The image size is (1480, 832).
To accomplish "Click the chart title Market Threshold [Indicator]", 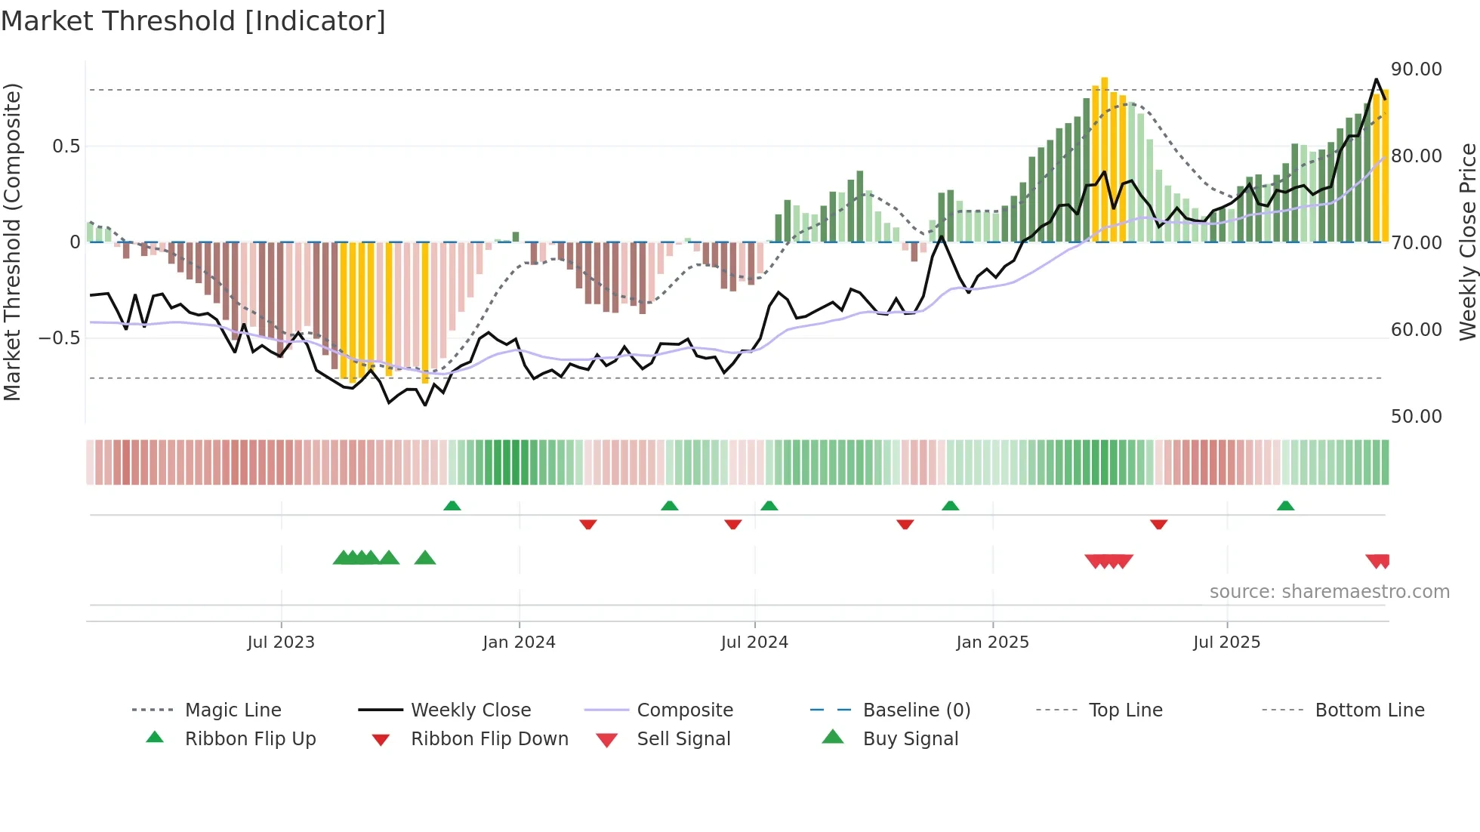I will (x=193, y=21).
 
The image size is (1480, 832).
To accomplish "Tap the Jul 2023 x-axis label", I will (x=281, y=642).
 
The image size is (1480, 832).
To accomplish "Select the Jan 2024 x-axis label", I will (x=519, y=642).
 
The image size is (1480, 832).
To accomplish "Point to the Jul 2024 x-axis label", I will (x=754, y=642).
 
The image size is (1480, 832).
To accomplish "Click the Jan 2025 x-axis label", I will (x=992, y=642).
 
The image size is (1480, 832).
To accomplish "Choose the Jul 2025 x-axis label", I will (x=1227, y=642).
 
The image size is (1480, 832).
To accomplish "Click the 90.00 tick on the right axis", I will (x=1417, y=69).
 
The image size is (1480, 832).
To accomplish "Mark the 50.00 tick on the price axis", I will (x=1417, y=417).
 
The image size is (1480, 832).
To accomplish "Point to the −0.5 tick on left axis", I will (x=60, y=337).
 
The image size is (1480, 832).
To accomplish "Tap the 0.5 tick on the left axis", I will (x=66, y=146).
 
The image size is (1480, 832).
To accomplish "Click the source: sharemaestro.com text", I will (x=1329, y=592).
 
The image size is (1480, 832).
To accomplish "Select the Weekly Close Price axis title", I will (x=1467, y=242).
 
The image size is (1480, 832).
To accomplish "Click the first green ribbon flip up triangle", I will (x=452, y=505).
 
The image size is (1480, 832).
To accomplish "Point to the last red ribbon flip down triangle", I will (x=1159, y=524).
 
